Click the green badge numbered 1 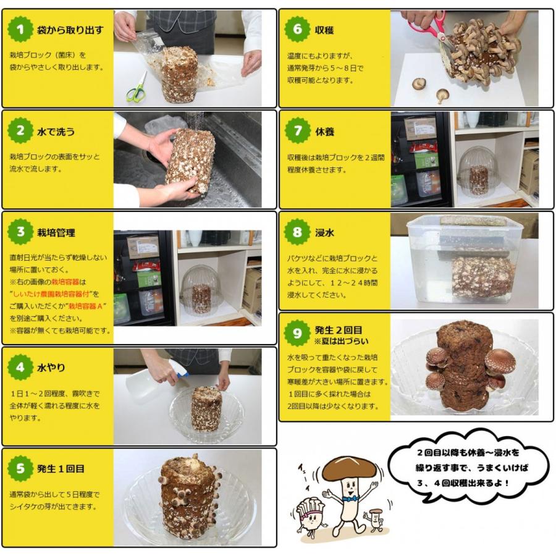pyautogui.click(x=20, y=30)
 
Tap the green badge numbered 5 pyautogui.click(x=20, y=468)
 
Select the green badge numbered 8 pyautogui.click(x=297, y=232)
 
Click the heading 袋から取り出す pyautogui.click(x=70, y=30)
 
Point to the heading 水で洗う pyautogui.click(x=56, y=132)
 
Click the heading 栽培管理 pyautogui.click(x=56, y=233)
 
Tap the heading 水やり pyautogui.click(x=51, y=368)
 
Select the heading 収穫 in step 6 pyautogui.click(x=324, y=30)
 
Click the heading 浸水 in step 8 pyautogui.click(x=324, y=233)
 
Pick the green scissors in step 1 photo pyautogui.click(x=137, y=87)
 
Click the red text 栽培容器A pyautogui.click(x=85, y=306)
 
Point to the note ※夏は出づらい pyautogui.click(x=341, y=341)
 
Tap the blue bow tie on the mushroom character pyautogui.click(x=350, y=499)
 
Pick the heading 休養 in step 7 pyautogui.click(x=324, y=132)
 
